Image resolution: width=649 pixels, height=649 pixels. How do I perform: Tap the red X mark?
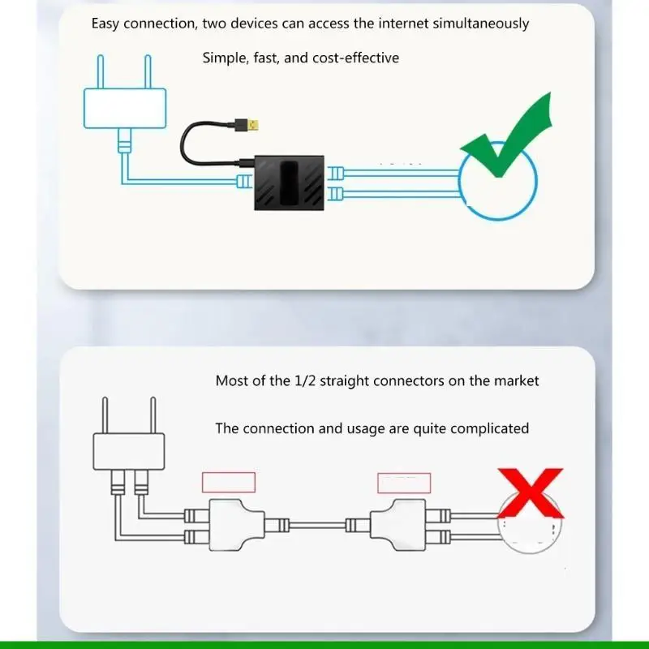click(530, 493)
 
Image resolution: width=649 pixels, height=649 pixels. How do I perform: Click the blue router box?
click(125, 108)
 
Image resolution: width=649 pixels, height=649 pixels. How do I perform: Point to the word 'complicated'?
click(490, 428)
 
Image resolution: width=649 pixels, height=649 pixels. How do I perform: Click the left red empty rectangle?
click(228, 482)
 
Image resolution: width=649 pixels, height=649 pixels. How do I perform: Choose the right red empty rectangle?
click(404, 482)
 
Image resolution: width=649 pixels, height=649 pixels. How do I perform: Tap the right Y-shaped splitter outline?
click(398, 524)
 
